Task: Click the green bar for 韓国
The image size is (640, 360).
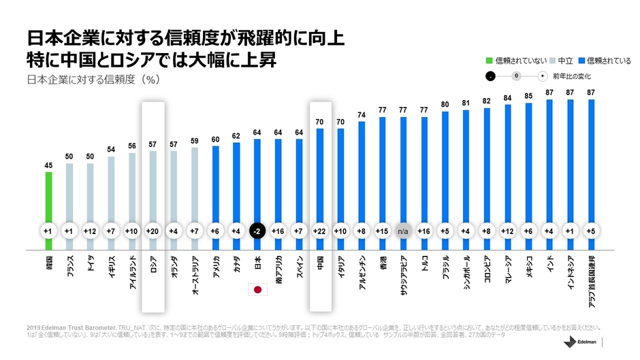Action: pos(49,204)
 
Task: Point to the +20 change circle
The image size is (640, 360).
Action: pos(153,230)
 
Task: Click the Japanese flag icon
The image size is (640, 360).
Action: pos(258,289)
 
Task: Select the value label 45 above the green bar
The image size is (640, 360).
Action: pos(49,164)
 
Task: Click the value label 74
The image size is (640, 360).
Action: pos(362,115)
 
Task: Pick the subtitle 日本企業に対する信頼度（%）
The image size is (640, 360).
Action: pos(93,80)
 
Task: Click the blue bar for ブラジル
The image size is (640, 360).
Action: pos(446,177)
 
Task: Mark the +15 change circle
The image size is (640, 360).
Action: pos(383,230)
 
